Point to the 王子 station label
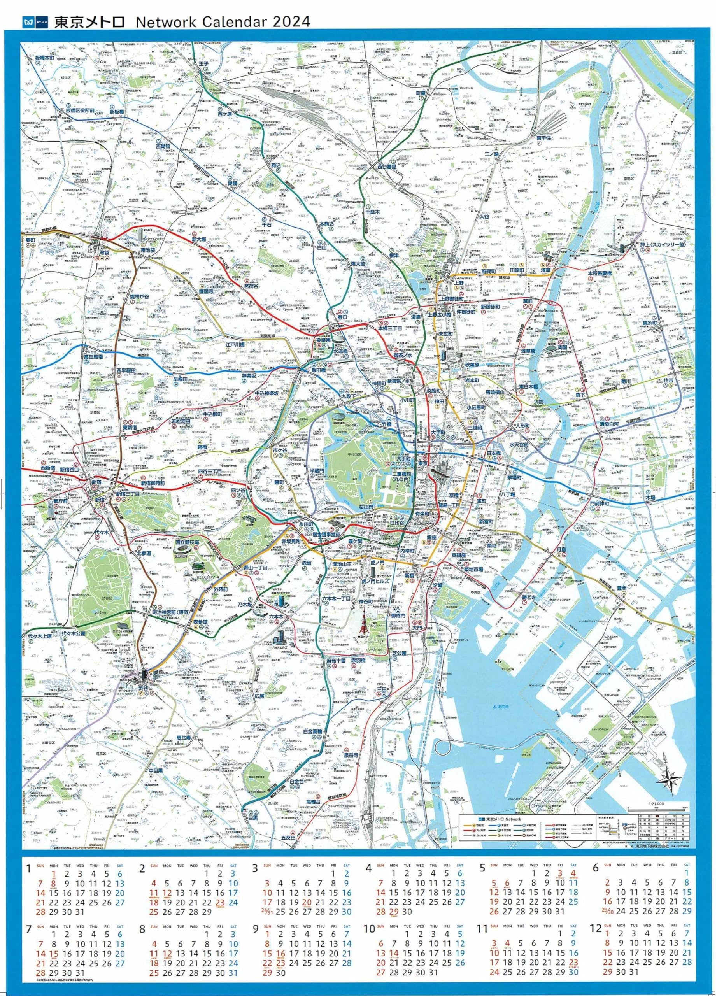click(203, 64)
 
